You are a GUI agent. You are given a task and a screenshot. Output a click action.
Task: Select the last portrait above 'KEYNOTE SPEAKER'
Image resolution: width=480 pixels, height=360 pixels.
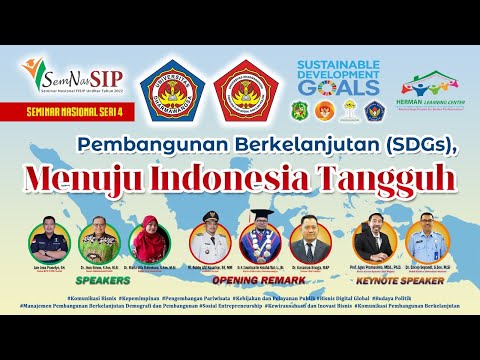coord(425,240)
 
